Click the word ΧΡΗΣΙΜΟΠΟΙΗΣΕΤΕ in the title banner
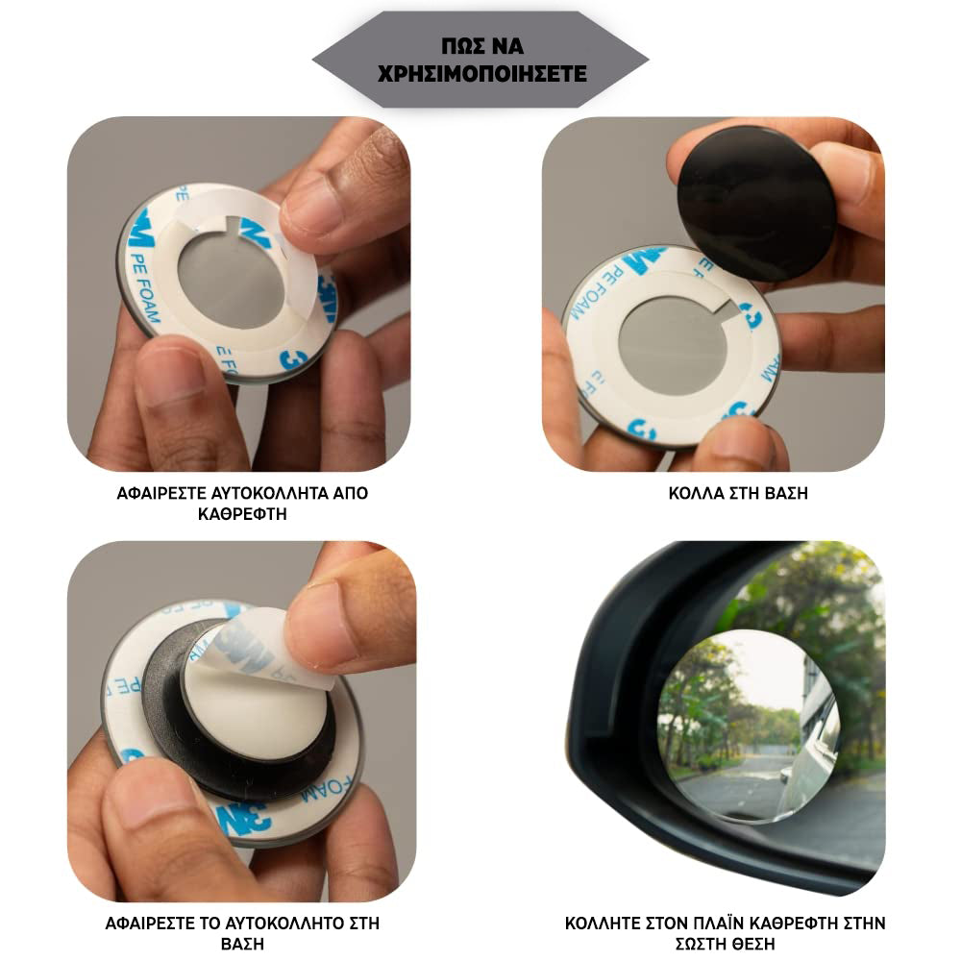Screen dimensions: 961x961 (x=481, y=74)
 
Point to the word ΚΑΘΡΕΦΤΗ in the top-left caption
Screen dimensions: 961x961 (x=242, y=514)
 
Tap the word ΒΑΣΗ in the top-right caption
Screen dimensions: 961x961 (x=786, y=493)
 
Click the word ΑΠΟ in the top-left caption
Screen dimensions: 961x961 (x=350, y=493)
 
